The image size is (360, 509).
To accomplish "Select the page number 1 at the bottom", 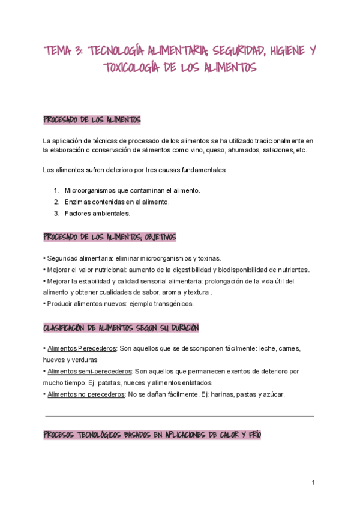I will (313, 483).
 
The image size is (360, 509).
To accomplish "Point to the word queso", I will (211, 150).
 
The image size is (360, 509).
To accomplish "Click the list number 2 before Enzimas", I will (57, 202).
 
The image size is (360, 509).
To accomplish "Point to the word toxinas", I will (209, 258).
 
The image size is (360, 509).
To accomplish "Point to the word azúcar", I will (274, 394).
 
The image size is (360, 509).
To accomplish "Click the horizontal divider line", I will (180, 415).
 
